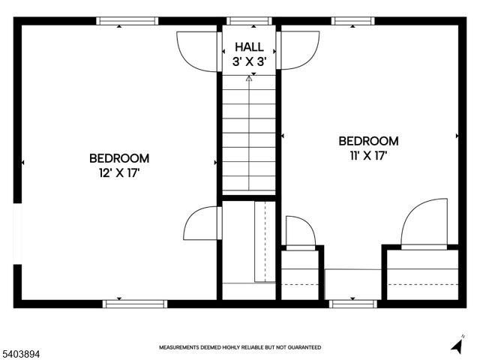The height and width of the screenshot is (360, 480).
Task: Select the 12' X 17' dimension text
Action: [x=118, y=172]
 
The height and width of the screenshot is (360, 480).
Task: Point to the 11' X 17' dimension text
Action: [x=368, y=155]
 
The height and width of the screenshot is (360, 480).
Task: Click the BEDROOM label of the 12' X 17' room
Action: [x=118, y=158]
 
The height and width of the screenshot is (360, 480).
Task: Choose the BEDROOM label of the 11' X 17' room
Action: [x=368, y=141]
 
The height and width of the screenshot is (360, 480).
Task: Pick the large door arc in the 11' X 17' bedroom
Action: [x=424, y=223]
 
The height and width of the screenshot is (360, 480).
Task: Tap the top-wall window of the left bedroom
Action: [x=120, y=22]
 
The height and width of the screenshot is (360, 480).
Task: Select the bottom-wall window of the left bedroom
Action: [x=124, y=304]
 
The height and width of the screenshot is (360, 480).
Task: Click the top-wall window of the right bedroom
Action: [x=355, y=22]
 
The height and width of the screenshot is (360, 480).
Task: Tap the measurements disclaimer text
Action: [x=240, y=347]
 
